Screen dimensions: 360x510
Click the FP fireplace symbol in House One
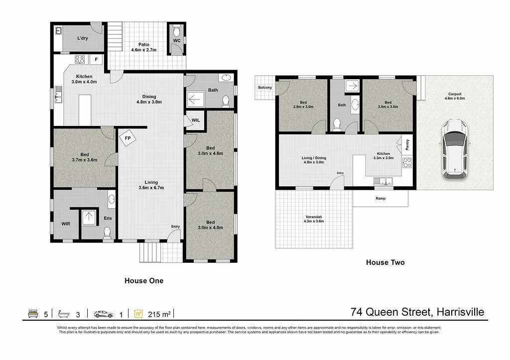pyautogui.click(x=127, y=138)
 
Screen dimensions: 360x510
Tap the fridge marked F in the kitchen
pyautogui.click(x=97, y=59)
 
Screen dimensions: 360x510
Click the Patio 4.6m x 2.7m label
pyautogui.click(x=144, y=47)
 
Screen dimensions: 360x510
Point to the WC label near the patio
pyautogui.click(x=177, y=40)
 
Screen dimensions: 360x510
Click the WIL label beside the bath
pyautogui.click(x=195, y=120)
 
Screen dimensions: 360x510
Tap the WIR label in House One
pyautogui.click(x=66, y=224)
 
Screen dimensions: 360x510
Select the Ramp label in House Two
pyautogui.click(x=381, y=198)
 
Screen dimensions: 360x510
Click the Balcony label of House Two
pyautogui.click(x=265, y=88)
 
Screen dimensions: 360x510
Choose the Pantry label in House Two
pyautogui.click(x=407, y=144)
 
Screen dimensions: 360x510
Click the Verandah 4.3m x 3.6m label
pyautogui.click(x=314, y=219)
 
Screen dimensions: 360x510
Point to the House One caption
pyautogui.click(x=143, y=281)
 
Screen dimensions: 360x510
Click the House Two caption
pyautogui.click(x=385, y=262)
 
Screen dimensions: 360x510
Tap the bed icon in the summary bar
pyautogui.click(x=33, y=314)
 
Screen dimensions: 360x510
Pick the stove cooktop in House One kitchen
pyautogui.click(x=80, y=59)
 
